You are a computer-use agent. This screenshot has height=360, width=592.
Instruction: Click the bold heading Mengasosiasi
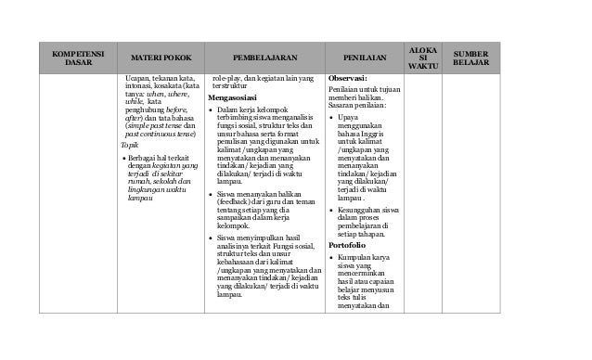pos(232,97)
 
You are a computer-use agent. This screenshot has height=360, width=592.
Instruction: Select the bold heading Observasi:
pos(348,79)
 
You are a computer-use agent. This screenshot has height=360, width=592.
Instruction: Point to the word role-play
pos(228,78)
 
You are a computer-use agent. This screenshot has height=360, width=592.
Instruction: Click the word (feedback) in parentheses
pos(237,200)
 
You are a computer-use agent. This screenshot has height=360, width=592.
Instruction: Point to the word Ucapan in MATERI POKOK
pos(139,78)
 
